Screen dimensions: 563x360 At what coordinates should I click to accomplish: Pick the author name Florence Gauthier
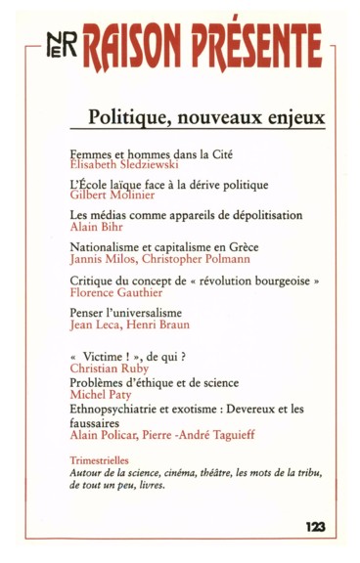click(x=113, y=292)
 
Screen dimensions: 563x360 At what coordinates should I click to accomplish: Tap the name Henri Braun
click(x=163, y=324)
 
